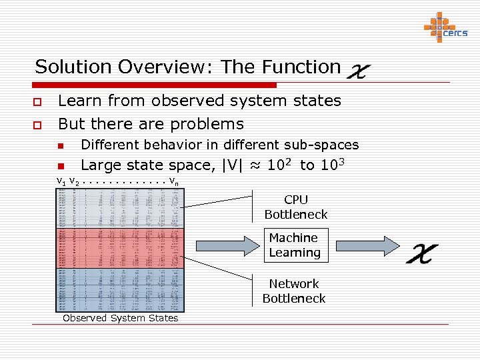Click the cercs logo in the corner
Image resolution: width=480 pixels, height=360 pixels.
445,27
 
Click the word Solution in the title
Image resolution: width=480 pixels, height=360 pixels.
74,67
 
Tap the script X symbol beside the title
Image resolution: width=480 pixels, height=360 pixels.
359,69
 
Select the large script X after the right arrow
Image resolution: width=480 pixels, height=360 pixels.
423,252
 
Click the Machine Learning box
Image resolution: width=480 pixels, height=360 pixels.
295,245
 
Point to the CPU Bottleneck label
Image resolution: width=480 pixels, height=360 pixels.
296,207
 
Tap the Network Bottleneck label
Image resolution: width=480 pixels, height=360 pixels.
294,291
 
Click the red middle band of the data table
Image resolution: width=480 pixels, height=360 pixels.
120,248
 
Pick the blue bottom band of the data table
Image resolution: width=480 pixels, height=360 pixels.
120,289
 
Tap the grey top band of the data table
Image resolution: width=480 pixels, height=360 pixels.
120,208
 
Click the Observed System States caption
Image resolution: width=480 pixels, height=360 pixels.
120,318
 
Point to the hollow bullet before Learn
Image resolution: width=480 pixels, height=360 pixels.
39,102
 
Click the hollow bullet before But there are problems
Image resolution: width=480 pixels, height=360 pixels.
39,125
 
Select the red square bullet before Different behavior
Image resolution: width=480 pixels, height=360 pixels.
60,146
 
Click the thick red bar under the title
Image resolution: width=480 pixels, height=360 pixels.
154,85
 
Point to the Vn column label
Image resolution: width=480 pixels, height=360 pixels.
173,181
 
